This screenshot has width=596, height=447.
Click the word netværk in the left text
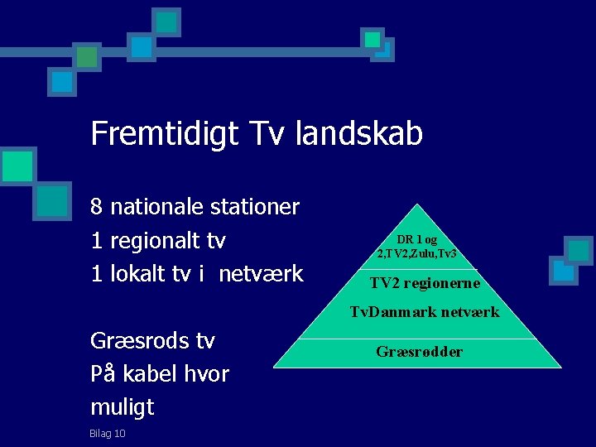pyautogui.click(x=261, y=274)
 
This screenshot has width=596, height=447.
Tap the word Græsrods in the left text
pyautogui.click(x=132, y=340)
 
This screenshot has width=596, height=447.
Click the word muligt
pyautogui.click(x=123, y=406)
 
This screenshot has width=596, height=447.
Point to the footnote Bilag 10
pyautogui.click(x=108, y=433)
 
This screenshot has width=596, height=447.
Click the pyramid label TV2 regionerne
pyautogui.click(x=425, y=283)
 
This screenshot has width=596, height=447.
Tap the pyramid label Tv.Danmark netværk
pyautogui.click(x=425, y=312)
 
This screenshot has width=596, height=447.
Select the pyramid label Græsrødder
pyautogui.click(x=420, y=352)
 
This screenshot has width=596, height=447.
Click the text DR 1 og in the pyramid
pyautogui.click(x=417, y=239)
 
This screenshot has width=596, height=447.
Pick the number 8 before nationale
pyautogui.click(x=97, y=206)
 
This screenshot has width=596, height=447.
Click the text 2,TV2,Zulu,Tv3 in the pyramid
pyautogui.click(x=417, y=253)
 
